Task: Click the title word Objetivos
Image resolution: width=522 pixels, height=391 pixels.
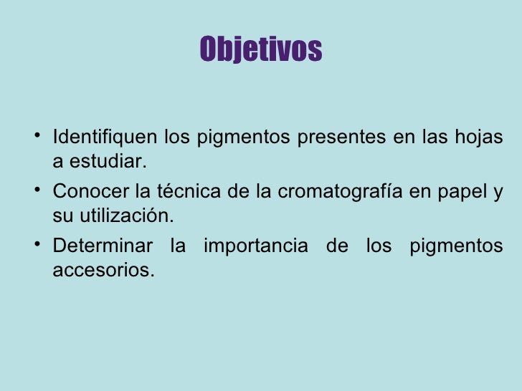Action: pyautogui.click(x=261, y=49)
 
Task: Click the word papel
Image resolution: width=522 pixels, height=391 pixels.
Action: pyautogui.click(x=463, y=192)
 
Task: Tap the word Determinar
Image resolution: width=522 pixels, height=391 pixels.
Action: pyautogui.click(x=103, y=246)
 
